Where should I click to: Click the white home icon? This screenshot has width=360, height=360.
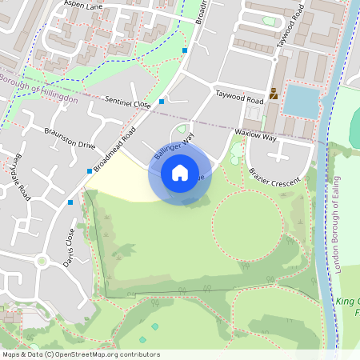pyautogui.click(x=180, y=172)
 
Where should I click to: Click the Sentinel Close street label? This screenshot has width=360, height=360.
pyautogui.click(x=127, y=102)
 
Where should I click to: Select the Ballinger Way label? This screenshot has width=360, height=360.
pyautogui.click(x=175, y=150)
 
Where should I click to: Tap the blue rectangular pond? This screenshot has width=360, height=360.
pyautogui.click(x=300, y=101)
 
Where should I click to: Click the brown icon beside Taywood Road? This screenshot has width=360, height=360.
pyautogui.click(x=274, y=93)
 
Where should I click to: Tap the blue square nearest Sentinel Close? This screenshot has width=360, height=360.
pyautogui.click(x=162, y=102)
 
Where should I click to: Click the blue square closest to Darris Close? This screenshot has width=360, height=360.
pyautogui.click(x=71, y=202)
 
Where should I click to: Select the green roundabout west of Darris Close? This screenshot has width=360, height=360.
pyautogui.click(x=42, y=261)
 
